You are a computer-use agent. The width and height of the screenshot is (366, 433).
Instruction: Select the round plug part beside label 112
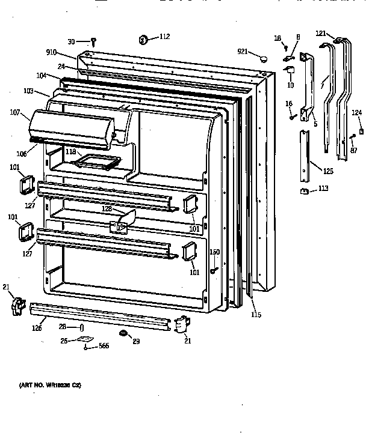(144, 40)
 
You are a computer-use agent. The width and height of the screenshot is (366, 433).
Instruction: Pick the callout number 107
(16, 112)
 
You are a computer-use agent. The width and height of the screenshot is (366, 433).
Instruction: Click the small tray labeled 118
(99, 160)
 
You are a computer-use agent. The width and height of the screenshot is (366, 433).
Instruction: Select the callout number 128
(107, 209)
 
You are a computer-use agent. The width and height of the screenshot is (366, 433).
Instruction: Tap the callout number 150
(214, 252)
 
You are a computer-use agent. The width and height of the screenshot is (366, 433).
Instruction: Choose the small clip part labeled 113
(306, 192)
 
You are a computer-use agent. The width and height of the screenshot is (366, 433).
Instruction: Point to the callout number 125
(327, 171)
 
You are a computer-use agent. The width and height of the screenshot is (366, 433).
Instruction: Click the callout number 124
(357, 112)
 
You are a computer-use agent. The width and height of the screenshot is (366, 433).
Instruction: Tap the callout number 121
(321, 33)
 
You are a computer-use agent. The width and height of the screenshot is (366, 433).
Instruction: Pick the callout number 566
(104, 345)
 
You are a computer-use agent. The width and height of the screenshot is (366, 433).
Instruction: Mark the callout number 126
(37, 327)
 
